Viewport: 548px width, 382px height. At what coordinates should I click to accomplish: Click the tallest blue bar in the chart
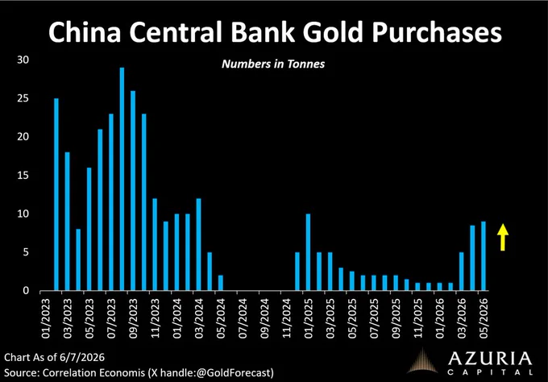pos(122,179)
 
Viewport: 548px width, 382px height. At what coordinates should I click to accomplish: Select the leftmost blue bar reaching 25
pos(56,194)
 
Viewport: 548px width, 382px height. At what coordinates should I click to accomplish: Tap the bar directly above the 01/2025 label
pos(308,252)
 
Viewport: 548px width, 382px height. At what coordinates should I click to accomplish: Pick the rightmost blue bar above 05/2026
pos(484,255)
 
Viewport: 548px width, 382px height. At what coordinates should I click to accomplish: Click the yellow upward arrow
pos(503,237)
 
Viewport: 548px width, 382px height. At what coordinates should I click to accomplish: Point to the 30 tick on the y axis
pos(23,60)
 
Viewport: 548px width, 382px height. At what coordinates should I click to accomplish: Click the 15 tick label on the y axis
pos(23,176)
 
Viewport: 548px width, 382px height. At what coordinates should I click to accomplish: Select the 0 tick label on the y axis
pos(26,291)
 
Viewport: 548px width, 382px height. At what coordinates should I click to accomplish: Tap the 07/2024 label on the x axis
pos(243,318)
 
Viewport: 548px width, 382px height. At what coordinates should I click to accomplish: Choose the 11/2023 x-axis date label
pos(156,318)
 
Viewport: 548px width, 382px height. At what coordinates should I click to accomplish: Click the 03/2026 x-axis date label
pos(462,318)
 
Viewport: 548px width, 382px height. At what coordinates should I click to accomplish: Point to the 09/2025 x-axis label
pos(396,318)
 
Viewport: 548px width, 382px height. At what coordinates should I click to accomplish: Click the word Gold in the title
pos(333,31)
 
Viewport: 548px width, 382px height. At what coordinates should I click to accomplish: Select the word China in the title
pos(85,31)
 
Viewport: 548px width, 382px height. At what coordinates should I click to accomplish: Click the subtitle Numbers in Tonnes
pos(273,64)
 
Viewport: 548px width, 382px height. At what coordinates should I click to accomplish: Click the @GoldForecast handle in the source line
pos(234,372)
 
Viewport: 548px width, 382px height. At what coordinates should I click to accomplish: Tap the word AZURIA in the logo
pos(490,359)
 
